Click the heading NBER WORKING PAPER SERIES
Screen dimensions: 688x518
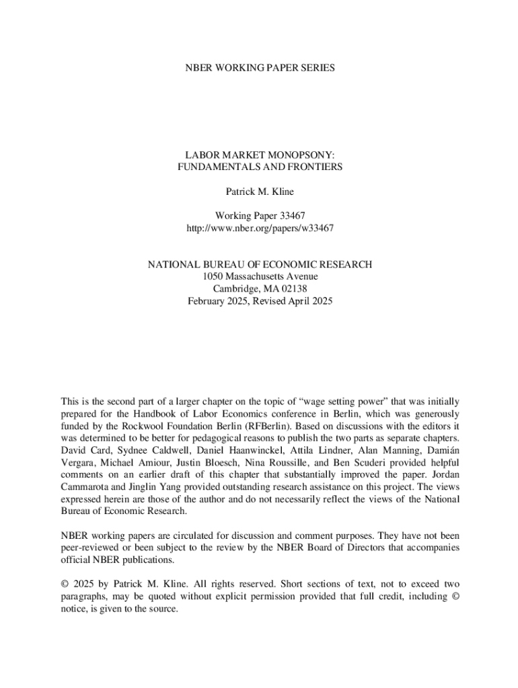260,68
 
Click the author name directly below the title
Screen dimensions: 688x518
260,191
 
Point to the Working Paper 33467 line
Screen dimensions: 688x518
260,216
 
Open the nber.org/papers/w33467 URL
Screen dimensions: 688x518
260,228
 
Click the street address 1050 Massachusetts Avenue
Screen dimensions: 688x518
260,276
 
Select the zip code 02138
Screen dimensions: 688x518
293,288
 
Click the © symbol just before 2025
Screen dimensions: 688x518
65,585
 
